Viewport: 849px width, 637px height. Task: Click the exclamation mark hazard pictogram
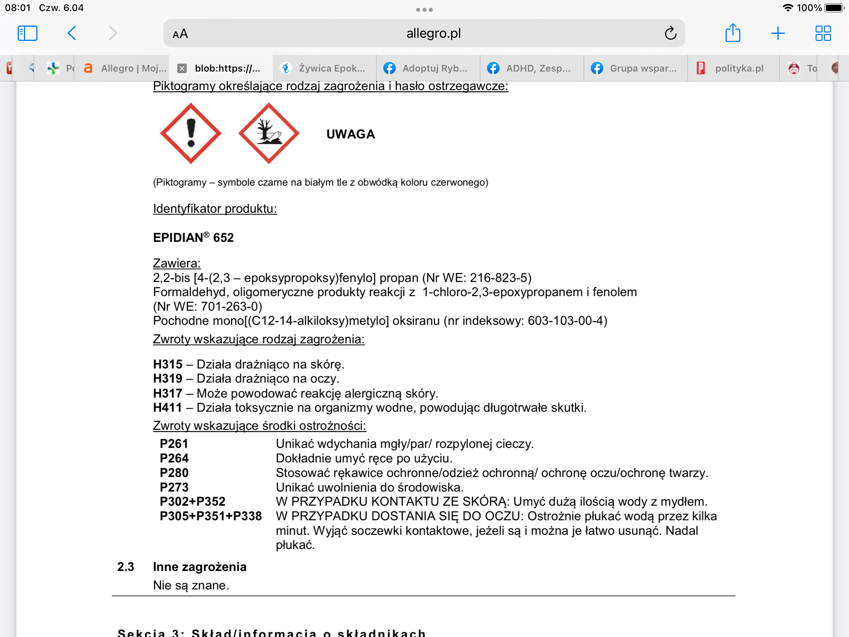click(x=191, y=133)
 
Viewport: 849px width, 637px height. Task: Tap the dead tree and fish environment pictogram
click(x=269, y=133)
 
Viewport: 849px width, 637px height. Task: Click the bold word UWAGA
click(x=351, y=134)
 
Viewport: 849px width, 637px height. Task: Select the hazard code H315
click(x=168, y=364)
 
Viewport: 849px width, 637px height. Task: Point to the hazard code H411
click(x=167, y=407)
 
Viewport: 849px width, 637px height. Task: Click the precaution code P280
click(x=174, y=473)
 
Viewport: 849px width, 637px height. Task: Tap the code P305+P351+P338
click(x=211, y=516)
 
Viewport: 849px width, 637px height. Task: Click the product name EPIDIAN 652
click(x=193, y=237)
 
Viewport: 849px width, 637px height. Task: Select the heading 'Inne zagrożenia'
click(x=200, y=567)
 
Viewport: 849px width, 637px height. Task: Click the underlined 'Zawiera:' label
click(x=177, y=263)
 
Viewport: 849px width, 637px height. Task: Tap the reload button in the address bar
click(x=671, y=33)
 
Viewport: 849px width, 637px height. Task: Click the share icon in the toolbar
click(x=733, y=33)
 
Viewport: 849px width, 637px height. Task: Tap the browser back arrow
click(x=72, y=33)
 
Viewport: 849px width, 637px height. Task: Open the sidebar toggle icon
click(x=28, y=33)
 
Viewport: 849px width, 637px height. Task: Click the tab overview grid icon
click(x=823, y=33)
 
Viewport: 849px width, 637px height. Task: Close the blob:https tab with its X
click(x=182, y=68)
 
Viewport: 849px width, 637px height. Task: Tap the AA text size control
click(x=180, y=34)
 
